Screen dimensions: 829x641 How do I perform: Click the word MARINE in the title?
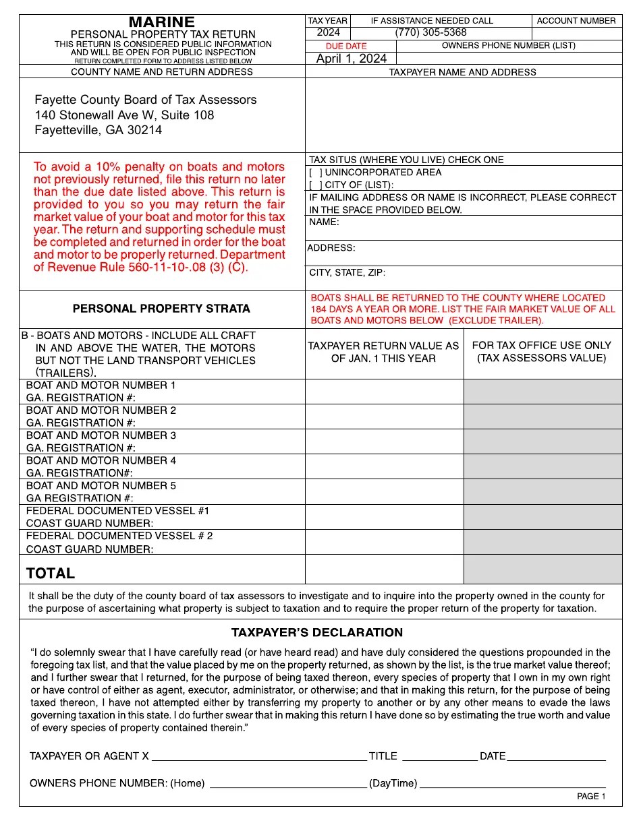(162, 22)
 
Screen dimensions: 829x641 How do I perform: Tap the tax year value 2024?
(328, 32)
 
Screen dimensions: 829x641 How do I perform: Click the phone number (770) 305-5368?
(430, 32)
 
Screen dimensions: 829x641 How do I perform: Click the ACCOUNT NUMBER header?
(576, 21)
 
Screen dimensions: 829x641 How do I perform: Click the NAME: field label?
(324, 222)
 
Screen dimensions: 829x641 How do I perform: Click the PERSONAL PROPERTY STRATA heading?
(161, 309)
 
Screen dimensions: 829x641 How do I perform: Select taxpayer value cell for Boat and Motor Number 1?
(384, 391)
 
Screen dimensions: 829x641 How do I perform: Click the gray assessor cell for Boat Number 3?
(542, 441)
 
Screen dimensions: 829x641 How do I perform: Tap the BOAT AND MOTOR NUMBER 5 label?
(101, 486)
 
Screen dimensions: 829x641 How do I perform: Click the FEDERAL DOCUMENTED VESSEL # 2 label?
(119, 536)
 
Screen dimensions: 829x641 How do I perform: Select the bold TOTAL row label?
(51, 574)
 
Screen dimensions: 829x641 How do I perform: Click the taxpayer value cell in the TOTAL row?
(384, 569)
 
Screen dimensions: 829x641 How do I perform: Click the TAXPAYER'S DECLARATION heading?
(317, 633)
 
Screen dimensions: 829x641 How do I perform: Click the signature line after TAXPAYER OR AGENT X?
(259, 756)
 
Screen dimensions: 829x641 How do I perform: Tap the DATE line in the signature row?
(556, 756)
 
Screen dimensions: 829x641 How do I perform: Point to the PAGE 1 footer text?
(591, 796)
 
